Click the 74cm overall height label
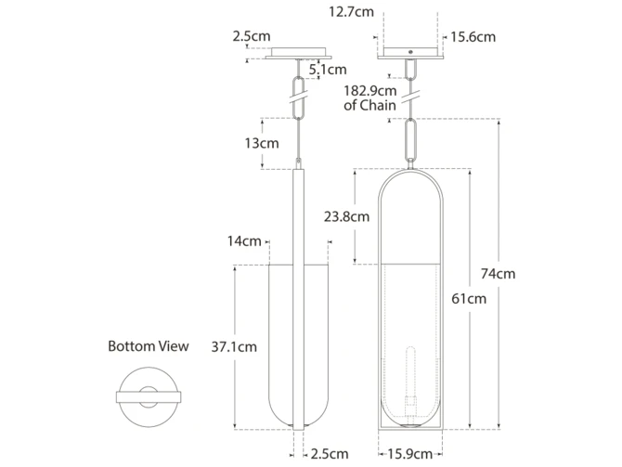[498, 274]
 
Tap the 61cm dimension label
[469, 298]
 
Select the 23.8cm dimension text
[346, 216]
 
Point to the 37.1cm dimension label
[234, 347]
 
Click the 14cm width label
[244, 240]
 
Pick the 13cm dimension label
[262, 143]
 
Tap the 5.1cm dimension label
[328, 70]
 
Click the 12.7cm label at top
[351, 12]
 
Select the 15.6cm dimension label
[473, 37]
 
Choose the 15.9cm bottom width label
[409, 454]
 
